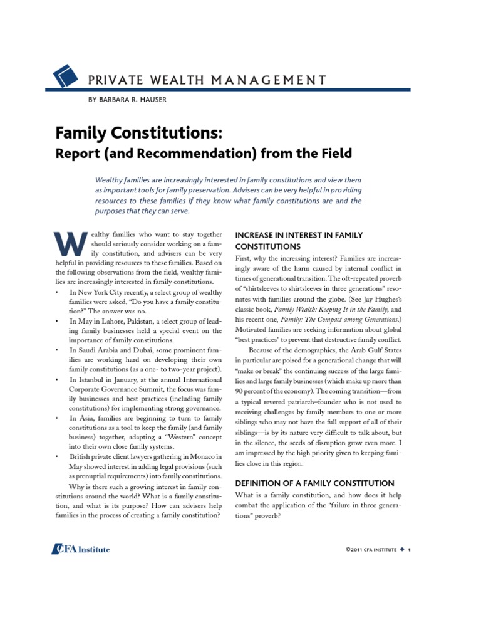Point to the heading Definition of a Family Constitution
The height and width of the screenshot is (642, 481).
(314, 483)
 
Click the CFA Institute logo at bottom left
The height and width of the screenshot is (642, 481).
(81, 549)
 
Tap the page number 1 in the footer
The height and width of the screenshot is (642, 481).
(409, 550)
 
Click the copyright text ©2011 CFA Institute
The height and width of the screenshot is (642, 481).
(371, 550)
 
